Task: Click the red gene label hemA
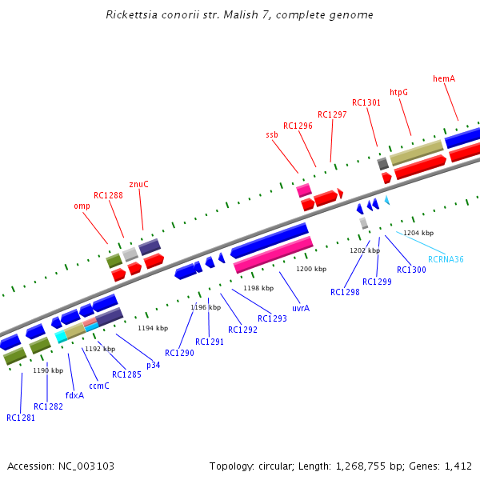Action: click(x=444, y=78)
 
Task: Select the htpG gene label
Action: click(x=398, y=92)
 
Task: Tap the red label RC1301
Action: click(x=366, y=102)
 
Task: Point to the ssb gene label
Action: click(x=272, y=135)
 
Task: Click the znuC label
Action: click(x=139, y=184)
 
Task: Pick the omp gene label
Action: click(x=82, y=206)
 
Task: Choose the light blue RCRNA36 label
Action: click(x=446, y=259)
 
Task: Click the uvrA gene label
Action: click(x=301, y=307)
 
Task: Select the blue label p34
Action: click(x=153, y=365)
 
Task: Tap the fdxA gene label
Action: click(x=74, y=394)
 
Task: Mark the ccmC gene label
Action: click(x=99, y=386)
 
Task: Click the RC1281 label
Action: click(x=21, y=418)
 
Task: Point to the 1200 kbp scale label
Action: click(x=311, y=269)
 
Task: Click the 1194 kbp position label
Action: click(x=153, y=328)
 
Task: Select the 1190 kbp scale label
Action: click(x=47, y=370)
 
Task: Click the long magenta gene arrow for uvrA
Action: click(x=273, y=254)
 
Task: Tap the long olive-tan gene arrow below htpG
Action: click(x=416, y=153)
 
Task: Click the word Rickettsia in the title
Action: click(x=130, y=15)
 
